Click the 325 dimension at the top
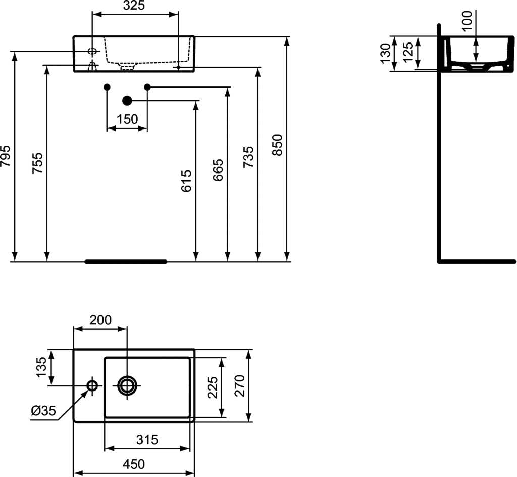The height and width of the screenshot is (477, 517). [x=134, y=6]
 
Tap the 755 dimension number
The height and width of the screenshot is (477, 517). [x=38, y=163]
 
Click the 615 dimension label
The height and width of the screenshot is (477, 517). [x=186, y=181]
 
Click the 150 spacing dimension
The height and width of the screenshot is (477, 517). [x=127, y=119]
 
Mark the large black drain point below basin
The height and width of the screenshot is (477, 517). [x=127, y=101]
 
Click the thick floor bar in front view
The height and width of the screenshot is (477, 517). [x=126, y=262]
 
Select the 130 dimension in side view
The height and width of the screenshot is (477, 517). [x=386, y=53]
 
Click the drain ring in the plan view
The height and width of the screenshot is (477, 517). [x=127, y=385]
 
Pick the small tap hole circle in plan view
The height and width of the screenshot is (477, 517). [x=92, y=385]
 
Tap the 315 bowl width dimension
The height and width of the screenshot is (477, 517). [x=147, y=439]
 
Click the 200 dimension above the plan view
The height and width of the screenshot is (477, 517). [x=100, y=320]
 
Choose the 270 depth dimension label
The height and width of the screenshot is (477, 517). [x=239, y=385]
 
